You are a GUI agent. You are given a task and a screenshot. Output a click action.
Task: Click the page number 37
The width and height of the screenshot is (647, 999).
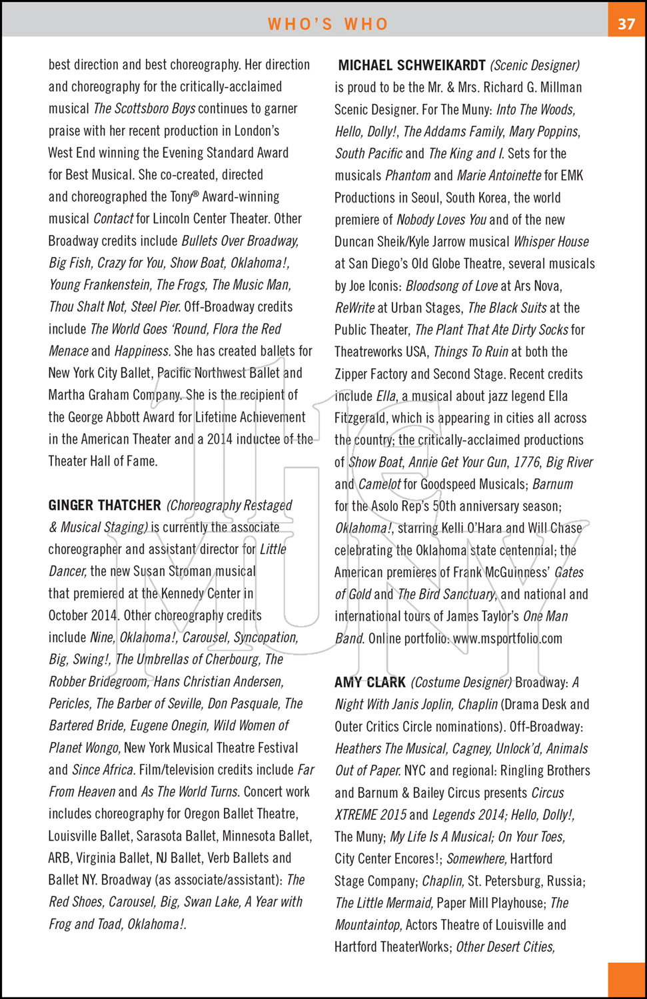click(626, 24)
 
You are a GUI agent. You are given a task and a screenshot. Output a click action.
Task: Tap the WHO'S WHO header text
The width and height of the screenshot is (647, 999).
click(328, 25)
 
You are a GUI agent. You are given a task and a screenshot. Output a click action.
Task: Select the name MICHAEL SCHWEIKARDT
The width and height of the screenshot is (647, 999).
click(412, 65)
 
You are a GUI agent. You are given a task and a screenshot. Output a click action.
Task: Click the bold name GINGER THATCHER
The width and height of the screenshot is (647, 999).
click(105, 505)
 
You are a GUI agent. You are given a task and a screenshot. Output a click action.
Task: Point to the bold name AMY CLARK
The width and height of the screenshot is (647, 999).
click(370, 683)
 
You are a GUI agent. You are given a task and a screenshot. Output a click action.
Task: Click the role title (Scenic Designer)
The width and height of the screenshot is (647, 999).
click(535, 65)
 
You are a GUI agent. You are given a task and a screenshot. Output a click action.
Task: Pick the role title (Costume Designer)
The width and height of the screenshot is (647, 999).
click(461, 683)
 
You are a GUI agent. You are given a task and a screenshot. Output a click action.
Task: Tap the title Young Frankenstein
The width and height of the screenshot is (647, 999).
click(100, 285)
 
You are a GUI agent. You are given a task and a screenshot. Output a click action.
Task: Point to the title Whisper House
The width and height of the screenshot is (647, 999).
click(551, 242)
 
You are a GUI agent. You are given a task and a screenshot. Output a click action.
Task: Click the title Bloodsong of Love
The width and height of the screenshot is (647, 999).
click(452, 286)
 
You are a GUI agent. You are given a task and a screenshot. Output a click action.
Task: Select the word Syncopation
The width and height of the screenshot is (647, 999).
click(265, 637)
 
